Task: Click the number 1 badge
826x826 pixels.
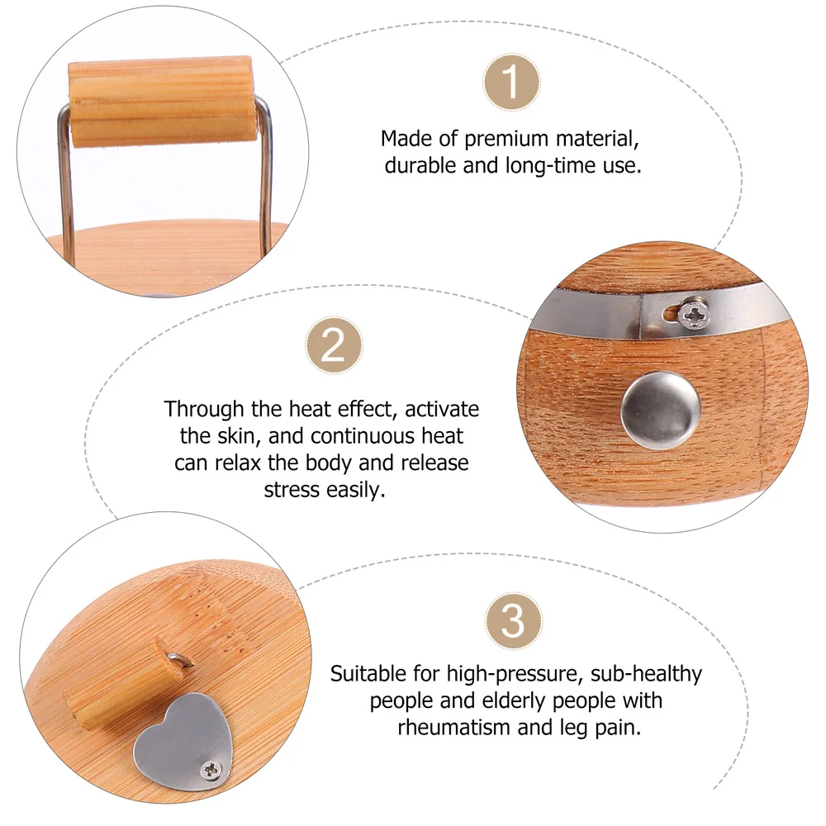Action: tap(511, 83)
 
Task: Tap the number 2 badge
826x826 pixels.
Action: tap(333, 347)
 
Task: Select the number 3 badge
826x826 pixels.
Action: tap(513, 621)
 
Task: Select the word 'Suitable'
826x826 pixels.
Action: tap(369, 674)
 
